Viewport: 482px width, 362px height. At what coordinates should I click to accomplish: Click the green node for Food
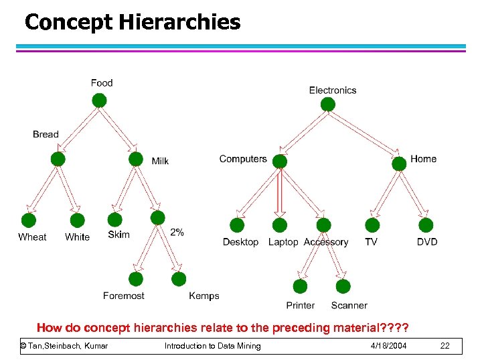pyautogui.click(x=99, y=101)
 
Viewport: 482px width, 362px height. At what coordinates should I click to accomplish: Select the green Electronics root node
pyautogui.click(x=327, y=104)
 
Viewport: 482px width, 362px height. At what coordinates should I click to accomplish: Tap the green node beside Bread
pyautogui.click(x=58, y=159)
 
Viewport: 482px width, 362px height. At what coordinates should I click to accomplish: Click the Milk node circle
pyautogui.click(x=136, y=159)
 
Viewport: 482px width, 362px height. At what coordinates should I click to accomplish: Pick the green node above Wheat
pyautogui.click(x=29, y=221)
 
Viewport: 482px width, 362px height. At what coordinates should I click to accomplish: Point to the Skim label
pyautogui.click(x=118, y=235)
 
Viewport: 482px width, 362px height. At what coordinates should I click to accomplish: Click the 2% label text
pyautogui.click(x=177, y=232)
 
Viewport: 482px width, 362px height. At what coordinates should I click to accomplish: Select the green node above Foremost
pyautogui.click(x=136, y=279)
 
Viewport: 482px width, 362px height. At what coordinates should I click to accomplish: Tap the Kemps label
pyautogui.click(x=204, y=296)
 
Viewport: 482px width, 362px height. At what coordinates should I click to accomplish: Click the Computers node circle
pyautogui.click(x=280, y=162)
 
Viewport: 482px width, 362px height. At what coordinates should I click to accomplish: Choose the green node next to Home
pyautogui.click(x=399, y=163)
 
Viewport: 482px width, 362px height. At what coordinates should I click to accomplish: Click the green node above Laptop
pyautogui.click(x=280, y=225)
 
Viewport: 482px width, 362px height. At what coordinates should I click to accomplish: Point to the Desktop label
pyautogui.click(x=240, y=242)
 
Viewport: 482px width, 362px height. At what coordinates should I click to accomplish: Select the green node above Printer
pyautogui.click(x=301, y=286)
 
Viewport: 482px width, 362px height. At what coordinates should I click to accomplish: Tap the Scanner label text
pyautogui.click(x=349, y=305)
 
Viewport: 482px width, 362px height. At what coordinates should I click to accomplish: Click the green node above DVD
pyautogui.click(x=426, y=225)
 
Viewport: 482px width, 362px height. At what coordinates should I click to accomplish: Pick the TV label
pyautogui.click(x=371, y=242)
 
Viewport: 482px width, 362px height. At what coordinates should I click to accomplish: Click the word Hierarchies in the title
pyautogui.click(x=179, y=22)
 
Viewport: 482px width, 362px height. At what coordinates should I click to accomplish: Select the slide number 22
pyautogui.click(x=445, y=345)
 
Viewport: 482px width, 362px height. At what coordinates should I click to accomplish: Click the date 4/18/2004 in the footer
pyautogui.click(x=388, y=345)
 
